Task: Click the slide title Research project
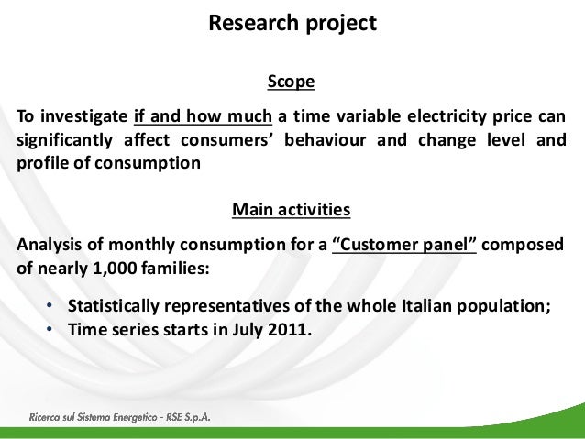pyautogui.click(x=292, y=23)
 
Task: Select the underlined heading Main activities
pyautogui.click(x=291, y=210)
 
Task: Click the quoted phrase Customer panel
pyautogui.click(x=403, y=245)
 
